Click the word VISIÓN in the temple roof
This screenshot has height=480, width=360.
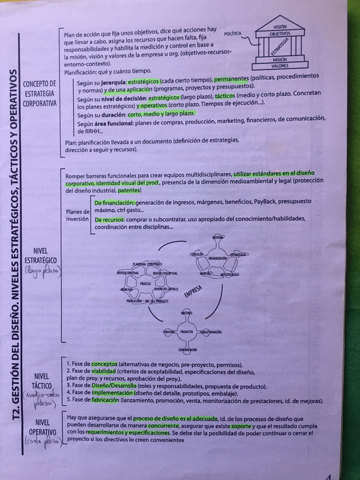coord(279,27)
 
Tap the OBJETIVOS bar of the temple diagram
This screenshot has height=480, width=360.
coord(280,34)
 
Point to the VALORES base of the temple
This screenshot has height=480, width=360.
coord(279,66)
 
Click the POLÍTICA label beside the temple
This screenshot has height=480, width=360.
coord(233,34)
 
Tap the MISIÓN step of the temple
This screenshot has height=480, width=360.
coord(279,59)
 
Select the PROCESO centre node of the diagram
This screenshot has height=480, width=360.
coord(145,282)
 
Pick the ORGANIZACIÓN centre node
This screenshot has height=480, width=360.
coord(217,258)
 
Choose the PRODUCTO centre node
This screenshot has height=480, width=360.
coord(187,332)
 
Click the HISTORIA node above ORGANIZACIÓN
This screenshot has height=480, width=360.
coord(218,237)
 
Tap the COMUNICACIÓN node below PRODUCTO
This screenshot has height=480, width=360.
coord(187,350)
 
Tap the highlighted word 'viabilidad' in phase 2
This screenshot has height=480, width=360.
coord(104,371)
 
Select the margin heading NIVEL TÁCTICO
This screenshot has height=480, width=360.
coord(41,381)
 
